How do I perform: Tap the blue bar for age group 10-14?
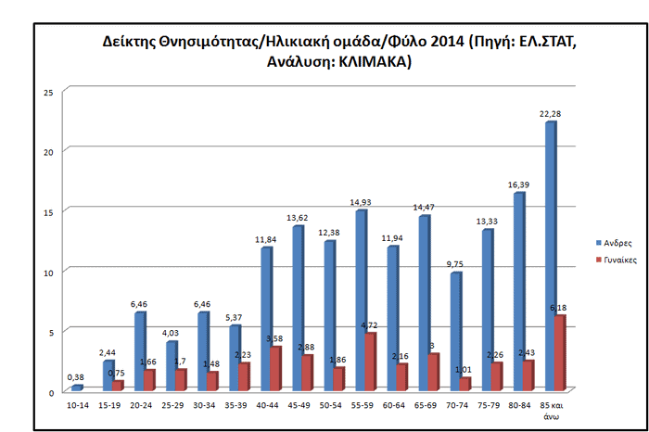77,388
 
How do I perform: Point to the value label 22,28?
550,114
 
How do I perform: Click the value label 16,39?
518,184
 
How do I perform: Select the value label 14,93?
361,202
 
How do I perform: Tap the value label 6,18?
560,309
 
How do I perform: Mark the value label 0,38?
77,376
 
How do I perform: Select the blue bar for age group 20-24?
139,352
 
